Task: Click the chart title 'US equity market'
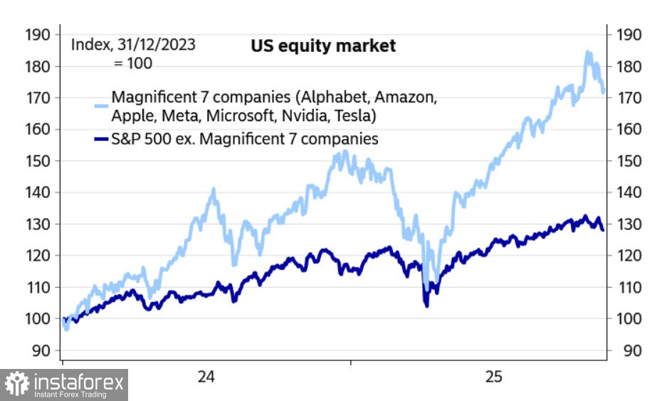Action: coord(322,46)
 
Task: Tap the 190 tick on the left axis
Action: coord(37,35)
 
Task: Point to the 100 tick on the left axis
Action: coord(37,318)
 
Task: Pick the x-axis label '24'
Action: coord(206,376)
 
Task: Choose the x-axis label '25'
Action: coord(493,376)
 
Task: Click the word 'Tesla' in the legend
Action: coord(358,115)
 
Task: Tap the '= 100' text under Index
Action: coord(133,63)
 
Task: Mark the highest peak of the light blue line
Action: coord(588,53)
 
